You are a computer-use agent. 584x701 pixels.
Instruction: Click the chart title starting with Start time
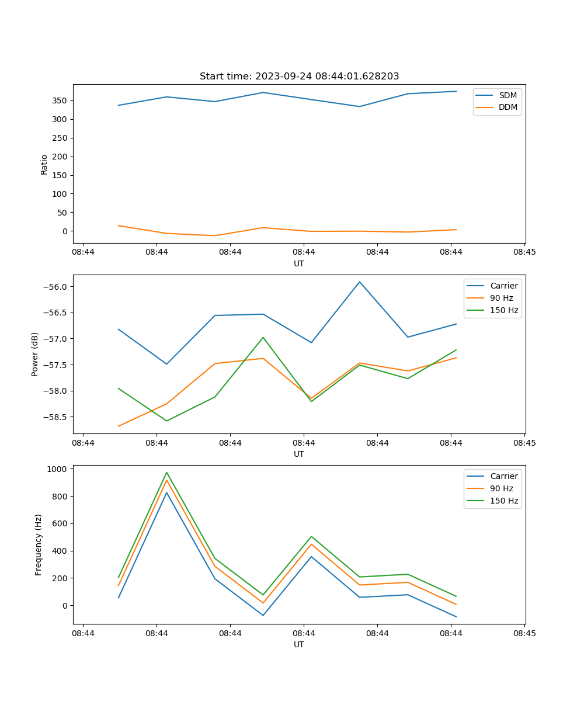pos(299,77)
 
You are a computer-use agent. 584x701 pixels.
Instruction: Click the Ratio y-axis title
pos(44,164)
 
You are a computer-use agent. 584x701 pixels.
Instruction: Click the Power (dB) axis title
pos(35,354)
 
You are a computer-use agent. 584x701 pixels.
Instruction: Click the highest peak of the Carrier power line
pos(360,282)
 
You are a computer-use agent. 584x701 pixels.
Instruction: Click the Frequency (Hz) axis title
pos(39,544)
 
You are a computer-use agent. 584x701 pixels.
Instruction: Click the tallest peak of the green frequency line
pos(166,473)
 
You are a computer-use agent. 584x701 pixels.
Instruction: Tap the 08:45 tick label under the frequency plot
pos(524,633)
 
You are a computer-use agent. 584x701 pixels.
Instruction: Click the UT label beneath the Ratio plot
pos(299,263)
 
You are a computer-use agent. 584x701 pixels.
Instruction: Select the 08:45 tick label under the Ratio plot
pos(524,252)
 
